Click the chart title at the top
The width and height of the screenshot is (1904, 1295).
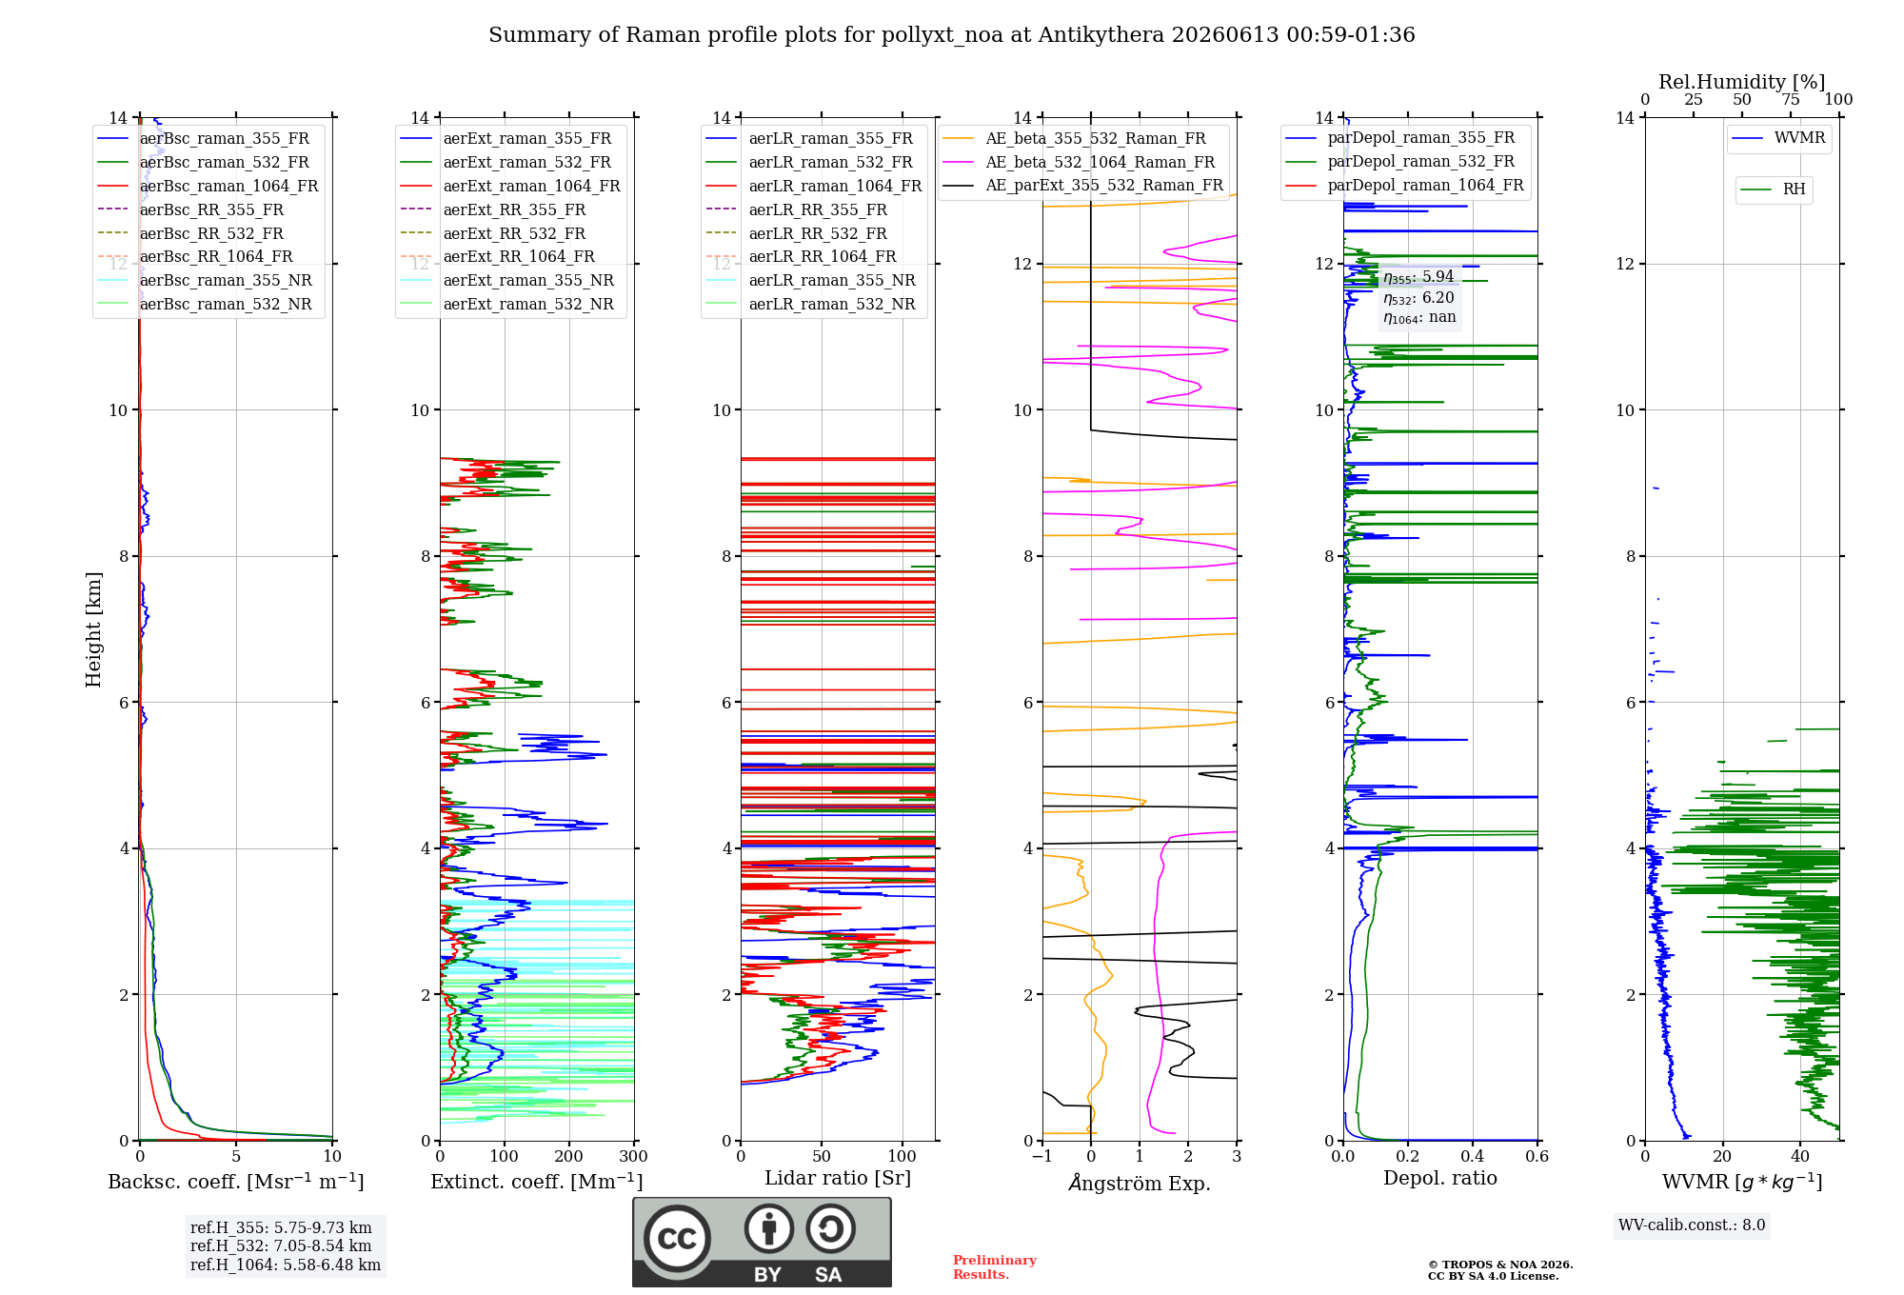[951, 35]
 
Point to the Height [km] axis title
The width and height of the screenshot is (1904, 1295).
[93, 629]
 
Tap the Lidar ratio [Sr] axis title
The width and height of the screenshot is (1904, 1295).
[838, 1178]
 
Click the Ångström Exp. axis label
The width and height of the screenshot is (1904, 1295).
[1140, 1183]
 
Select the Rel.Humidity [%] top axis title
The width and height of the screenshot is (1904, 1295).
[1742, 82]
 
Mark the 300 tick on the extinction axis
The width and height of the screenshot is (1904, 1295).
[633, 1156]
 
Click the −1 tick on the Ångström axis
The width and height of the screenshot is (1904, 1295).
[1042, 1156]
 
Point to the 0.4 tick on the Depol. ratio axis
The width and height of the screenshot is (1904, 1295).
[1473, 1156]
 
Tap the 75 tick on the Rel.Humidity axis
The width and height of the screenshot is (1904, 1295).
[1791, 99]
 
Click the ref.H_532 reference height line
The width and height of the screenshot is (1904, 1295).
[281, 1245]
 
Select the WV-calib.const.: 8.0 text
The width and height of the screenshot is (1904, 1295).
[1692, 1225]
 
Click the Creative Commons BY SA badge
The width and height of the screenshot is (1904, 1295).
[762, 1242]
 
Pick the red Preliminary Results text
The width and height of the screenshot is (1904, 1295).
[995, 1267]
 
